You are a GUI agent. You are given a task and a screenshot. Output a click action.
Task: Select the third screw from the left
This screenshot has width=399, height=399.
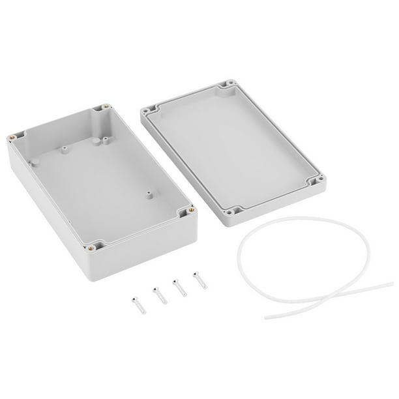[x=179, y=287]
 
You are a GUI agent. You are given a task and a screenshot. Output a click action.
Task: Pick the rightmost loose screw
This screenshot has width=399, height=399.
[x=198, y=280]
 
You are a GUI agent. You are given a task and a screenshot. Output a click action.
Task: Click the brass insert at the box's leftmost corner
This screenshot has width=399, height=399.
[x=12, y=138]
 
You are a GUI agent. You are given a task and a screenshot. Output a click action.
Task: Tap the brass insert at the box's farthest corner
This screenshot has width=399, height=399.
[x=106, y=107]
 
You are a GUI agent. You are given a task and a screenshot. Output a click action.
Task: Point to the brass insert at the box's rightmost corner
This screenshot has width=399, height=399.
[x=190, y=210]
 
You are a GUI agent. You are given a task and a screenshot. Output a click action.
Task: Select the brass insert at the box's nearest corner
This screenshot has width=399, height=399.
[x=93, y=246]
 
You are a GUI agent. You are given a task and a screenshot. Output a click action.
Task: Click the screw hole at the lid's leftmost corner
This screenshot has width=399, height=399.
[x=148, y=111]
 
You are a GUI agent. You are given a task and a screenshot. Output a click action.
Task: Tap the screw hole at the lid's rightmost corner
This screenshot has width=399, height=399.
[x=319, y=177]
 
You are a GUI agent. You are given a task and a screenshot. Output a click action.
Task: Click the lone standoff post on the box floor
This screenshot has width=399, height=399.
[x=149, y=194]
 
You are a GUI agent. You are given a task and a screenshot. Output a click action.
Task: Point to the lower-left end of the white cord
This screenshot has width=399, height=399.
[x=267, y=317]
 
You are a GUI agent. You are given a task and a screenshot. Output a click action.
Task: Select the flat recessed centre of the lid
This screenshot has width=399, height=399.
[x=231, y=147]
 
